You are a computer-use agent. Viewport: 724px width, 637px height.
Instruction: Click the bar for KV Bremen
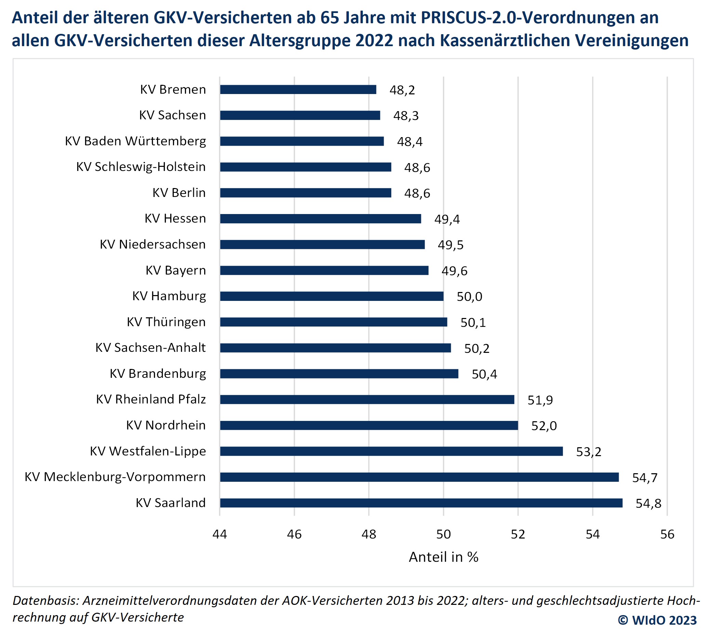pos(298,90)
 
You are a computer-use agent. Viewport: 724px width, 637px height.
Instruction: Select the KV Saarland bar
pos(421,503)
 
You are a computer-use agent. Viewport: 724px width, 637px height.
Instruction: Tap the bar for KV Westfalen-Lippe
pos(391,451)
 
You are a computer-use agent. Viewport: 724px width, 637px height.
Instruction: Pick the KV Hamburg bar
pos(331,296)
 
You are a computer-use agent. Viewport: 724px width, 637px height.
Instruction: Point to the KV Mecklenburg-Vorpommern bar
pos(419,477)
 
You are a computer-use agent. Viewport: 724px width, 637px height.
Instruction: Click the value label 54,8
pos(648,504)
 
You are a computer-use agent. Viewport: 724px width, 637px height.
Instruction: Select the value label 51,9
pos(540,400)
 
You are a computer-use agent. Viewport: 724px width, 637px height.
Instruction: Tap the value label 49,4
pos(447,219)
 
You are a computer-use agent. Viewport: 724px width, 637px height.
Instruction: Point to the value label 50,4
pos(484,374)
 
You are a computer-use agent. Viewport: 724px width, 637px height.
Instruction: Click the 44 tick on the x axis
pos(220,534)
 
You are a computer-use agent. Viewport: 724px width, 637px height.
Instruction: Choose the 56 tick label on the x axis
pos(667,534)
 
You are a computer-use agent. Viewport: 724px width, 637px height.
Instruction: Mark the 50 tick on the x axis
pos(443,534)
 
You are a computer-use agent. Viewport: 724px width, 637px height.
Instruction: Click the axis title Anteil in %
pos(444,557)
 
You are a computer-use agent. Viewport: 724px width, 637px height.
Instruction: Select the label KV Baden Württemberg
pos(135,141)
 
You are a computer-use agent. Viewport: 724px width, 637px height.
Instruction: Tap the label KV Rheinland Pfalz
pos(151,399)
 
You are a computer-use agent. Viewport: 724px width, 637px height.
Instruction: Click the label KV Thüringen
pos(166,322)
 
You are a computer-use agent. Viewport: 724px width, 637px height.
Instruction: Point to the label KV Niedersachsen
pos(153,244)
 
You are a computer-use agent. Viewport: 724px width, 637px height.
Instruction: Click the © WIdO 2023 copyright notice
pos(657,620)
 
